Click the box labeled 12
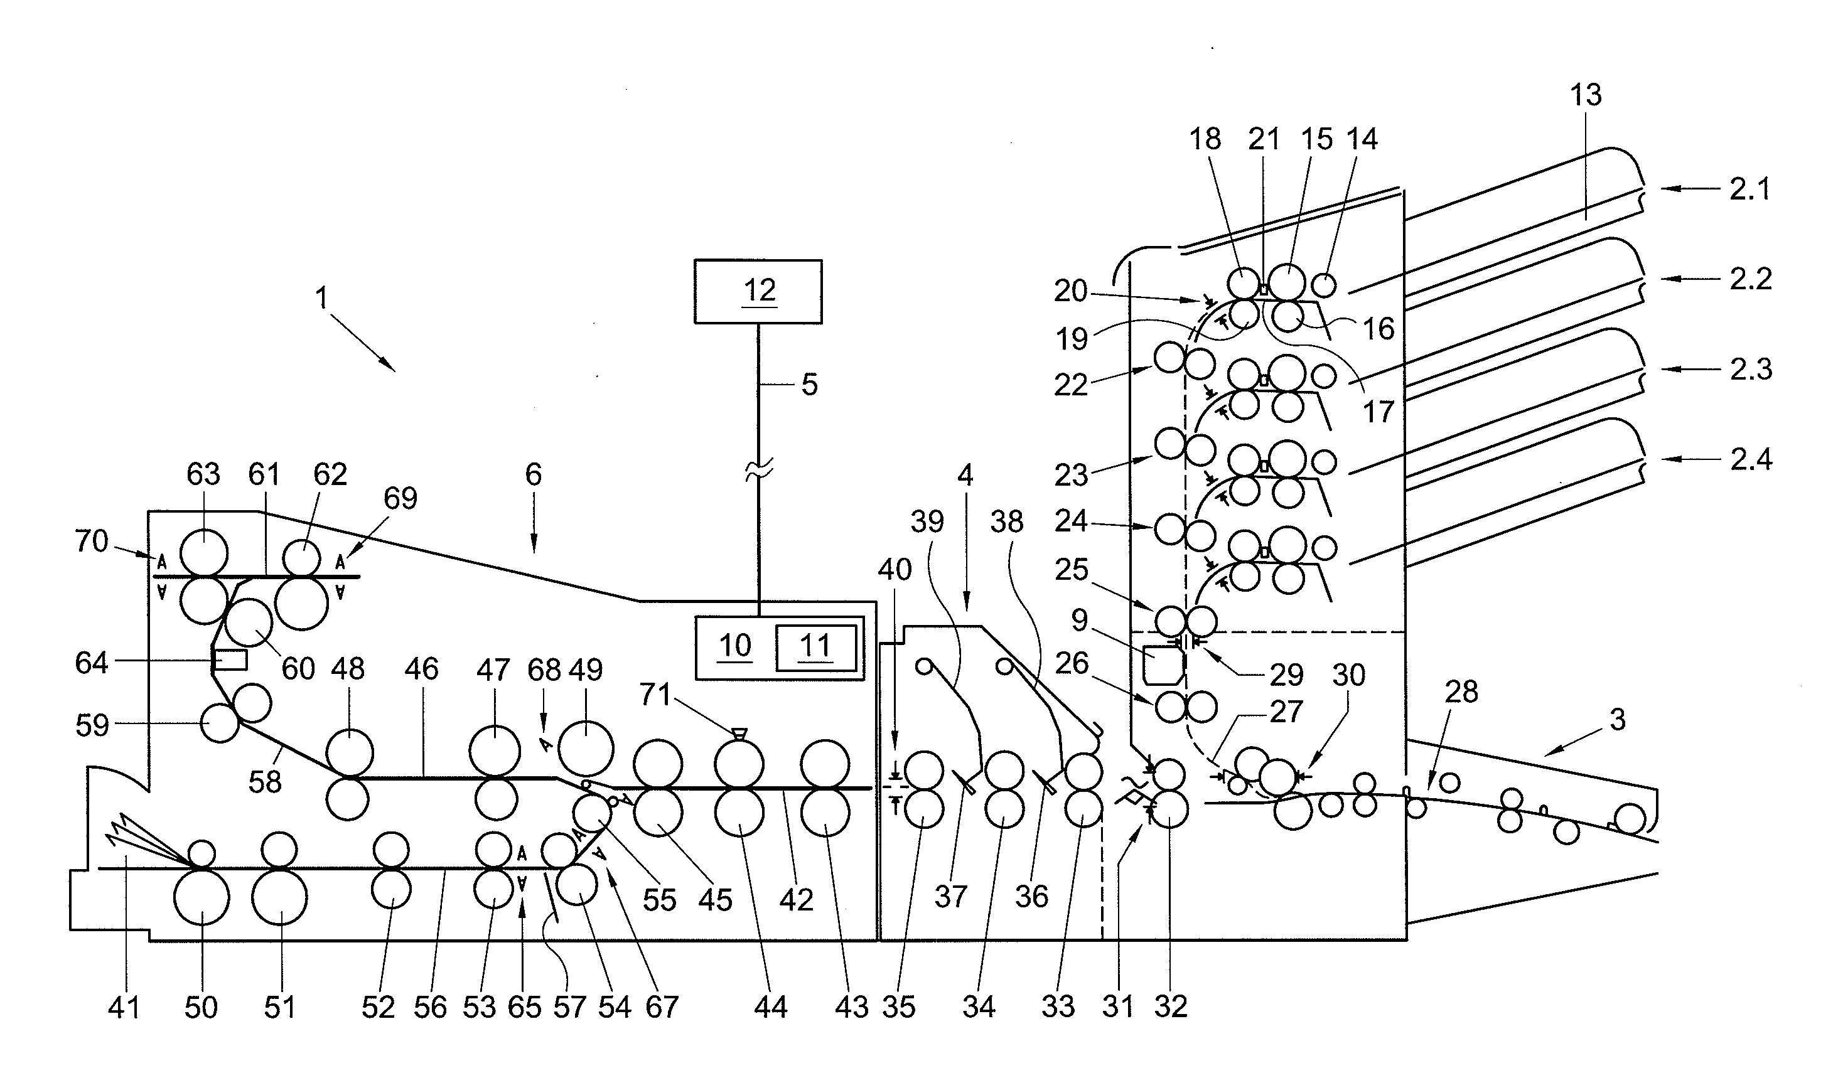(758, 291)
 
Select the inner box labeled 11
(815, 648)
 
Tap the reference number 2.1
(1751, 190)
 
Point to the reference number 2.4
(1751, 460)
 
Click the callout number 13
(1586, 95)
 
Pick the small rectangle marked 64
(230, 660)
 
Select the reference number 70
(91, 542)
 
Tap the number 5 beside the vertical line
(810, 385)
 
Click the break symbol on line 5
(758, 473)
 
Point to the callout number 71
(655, 695)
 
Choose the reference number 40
(894, 569)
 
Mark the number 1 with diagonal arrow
(321, 298)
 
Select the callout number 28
(1461, 691)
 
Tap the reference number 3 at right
(1618, 720)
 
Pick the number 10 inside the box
(734, 646)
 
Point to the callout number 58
(264, 782)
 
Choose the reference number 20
(1071, 292)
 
